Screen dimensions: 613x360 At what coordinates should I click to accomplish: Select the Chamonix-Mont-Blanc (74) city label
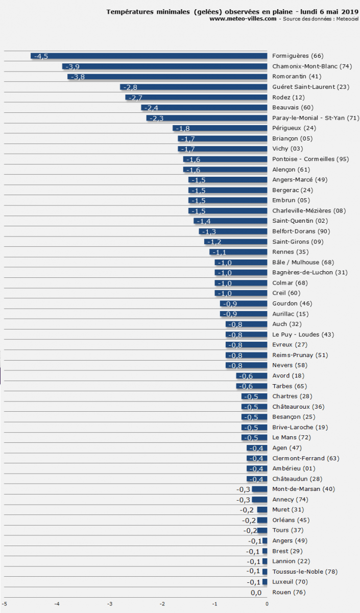coord(312,66)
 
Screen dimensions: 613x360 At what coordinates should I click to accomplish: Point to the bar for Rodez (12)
coord(197,98)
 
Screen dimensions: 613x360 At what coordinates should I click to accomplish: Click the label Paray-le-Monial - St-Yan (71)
coord(316,118)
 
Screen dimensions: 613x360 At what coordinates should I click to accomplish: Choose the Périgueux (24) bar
coord(220,128)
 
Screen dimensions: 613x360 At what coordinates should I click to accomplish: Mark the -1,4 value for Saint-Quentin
coord(204,221)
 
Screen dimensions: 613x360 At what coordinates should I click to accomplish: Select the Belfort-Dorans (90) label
coord(301,231)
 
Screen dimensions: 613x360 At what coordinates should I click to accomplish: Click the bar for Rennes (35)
coord(238,252)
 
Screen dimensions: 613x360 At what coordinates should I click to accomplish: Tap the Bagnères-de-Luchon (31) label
coord(309,272)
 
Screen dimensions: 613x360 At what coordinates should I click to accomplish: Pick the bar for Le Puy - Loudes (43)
coord(247,335)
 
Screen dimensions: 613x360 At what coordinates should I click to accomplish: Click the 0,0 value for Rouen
coord(256,593)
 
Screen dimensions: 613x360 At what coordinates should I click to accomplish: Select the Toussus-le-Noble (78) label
coord(305,572)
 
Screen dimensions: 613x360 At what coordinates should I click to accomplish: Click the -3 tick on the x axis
coord(109,604)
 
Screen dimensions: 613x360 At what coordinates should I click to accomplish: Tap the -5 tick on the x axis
coord(5,604)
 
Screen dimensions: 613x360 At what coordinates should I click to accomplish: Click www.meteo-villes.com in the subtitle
coord(243,18)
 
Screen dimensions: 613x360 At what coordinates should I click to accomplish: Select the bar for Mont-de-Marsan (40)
coord(259,489)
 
